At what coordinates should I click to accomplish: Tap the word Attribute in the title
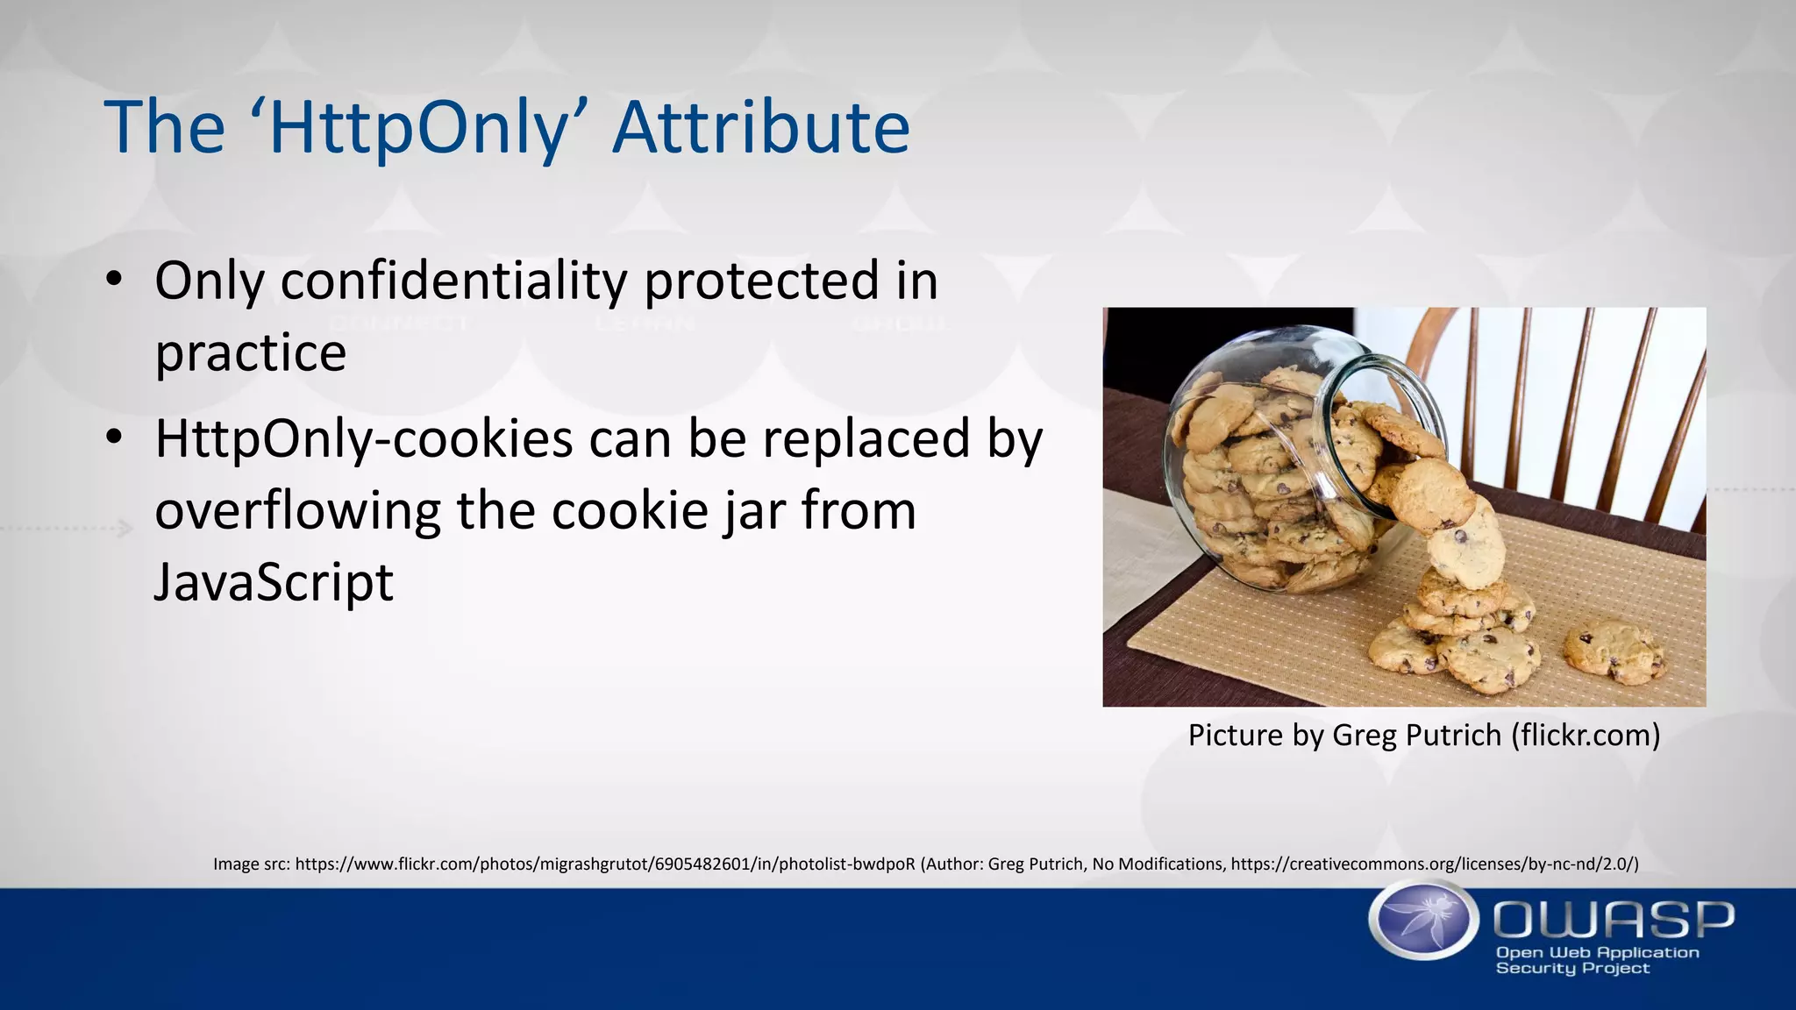(x=760, y=128)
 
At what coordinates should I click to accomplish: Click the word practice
(x=251, y=352)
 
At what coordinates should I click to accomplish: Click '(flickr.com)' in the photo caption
(x=1586, y=735)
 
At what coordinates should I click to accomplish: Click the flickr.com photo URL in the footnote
(x=605, y=864)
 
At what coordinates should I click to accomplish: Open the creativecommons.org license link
(x=1434, y=864)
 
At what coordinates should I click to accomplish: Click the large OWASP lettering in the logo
(x=1614, y=920)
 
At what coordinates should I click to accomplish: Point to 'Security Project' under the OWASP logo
(x=1572, y=968)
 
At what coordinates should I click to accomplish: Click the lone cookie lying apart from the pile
(x=1614, y=651)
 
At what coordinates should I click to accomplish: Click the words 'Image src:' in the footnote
(x=252, y=864)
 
